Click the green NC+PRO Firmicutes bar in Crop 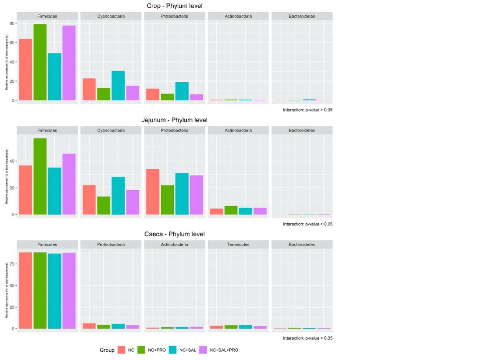40,62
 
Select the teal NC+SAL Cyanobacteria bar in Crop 118,85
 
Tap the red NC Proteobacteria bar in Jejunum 153,192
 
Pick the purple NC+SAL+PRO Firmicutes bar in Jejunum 69,184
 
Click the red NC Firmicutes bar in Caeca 25,290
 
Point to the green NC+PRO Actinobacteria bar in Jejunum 231,210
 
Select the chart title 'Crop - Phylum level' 174,6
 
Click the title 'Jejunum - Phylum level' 174,120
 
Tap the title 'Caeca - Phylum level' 174,234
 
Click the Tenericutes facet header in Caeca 238,245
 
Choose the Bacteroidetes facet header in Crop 302,17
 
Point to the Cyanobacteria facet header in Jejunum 111,131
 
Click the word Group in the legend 107,350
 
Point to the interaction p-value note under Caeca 307,338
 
